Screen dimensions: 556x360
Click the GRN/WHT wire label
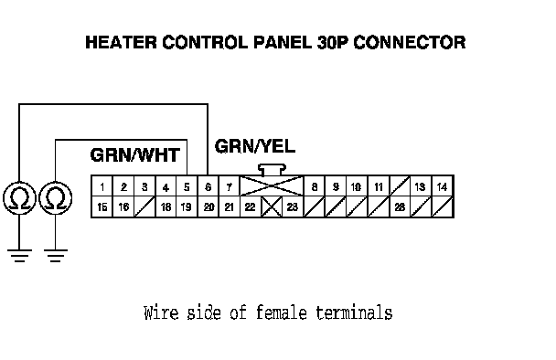pos(135,155)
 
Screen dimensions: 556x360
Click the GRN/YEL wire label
pos(255,146)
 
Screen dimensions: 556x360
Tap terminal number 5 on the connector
pos(187,186)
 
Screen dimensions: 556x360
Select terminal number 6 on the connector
pos(208,186)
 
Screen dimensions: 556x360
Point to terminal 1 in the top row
pos(102,186)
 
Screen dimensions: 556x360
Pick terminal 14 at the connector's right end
pos(443,186)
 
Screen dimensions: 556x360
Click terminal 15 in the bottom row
pos(102,206)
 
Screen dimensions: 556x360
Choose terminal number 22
pos(251,206)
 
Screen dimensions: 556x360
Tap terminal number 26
pos(400,206)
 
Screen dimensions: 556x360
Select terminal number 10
pos(357,186)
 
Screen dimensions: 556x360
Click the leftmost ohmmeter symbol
pos(19,198)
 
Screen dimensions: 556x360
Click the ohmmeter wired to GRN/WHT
pos(55,198)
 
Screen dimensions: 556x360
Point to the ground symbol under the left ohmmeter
pos(19,256)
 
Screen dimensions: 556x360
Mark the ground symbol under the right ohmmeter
pos(55,256)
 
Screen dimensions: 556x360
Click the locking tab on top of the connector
pos(272,169)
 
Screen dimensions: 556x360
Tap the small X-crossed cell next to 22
pos(272,206)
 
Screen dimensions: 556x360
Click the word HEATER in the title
pos(121,42)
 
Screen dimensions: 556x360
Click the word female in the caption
pos(281,312)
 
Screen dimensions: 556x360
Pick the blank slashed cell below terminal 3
pos(144,206)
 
